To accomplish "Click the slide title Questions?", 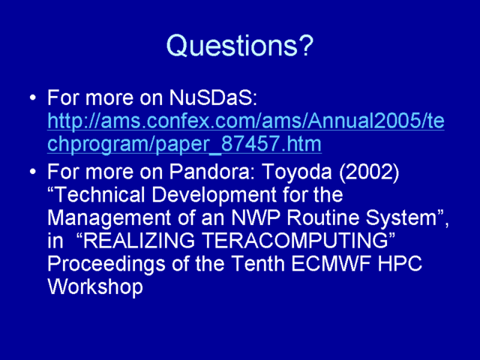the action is [x=240, y=45].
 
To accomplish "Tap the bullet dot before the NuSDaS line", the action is [x=33, y=98].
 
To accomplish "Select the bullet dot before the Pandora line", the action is [x=33, y=172].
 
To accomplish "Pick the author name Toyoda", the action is [x=297, y=172].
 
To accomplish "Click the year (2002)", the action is [x=369, y=172].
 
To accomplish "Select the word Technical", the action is [x=97, y=195].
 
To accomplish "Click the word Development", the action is [x=214, y=196].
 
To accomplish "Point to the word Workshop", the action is [x=95, y=287].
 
